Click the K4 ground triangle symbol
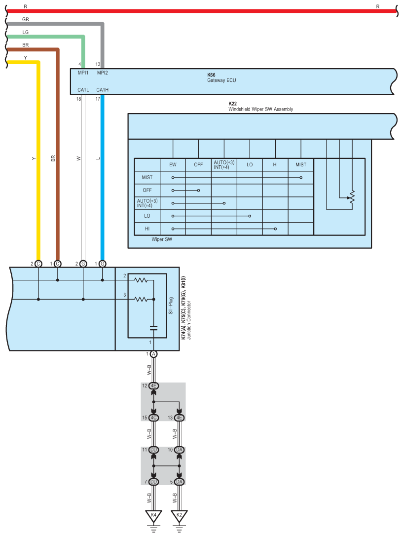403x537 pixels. click(153, 515)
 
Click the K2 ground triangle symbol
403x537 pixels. click(179, 515)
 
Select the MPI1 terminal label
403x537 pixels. click(83, 73)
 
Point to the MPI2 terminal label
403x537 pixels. click(102, 73)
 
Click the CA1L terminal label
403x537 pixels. click(83, 90)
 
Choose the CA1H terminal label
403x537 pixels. click(102, 90)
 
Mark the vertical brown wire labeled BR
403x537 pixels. click(58, 158)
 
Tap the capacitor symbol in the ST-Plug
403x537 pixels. click(153, 327)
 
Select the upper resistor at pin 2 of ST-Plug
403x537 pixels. click(142, 280)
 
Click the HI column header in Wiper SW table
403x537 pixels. click(275, 164)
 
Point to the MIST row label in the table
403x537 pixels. click(147, 177)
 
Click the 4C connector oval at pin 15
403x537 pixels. click(153, 418)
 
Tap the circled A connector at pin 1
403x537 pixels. click(153, 354)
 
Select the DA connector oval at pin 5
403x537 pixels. click(179, 482)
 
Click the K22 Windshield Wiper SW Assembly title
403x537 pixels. click(260, 107)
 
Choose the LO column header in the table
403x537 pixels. click(250, 164)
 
